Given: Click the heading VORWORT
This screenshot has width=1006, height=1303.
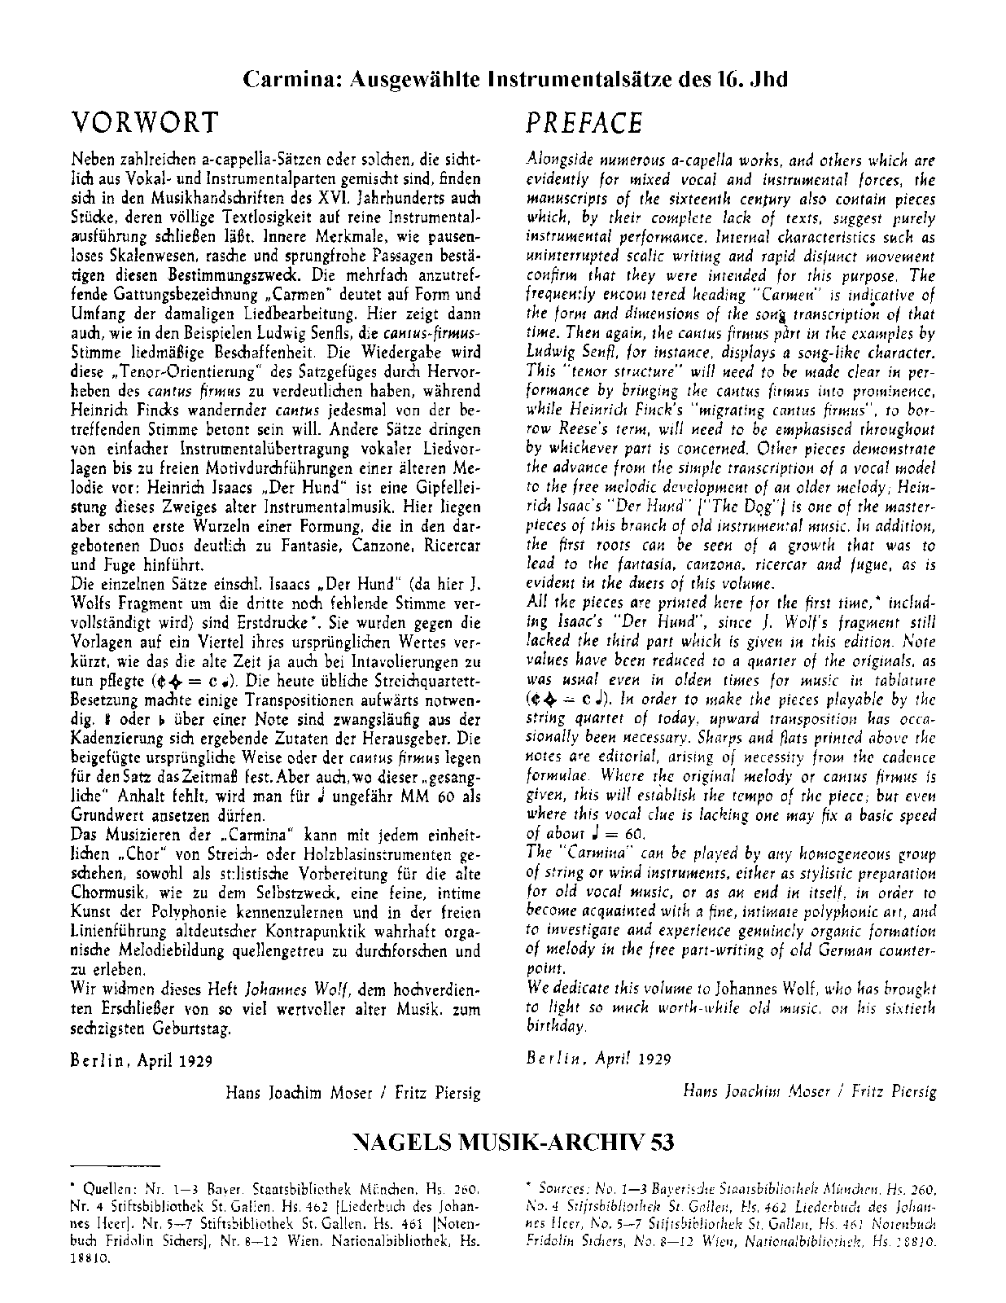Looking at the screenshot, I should click(x=145, y=122).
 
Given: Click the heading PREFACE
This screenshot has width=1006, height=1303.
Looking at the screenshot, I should click(x=584, y=122).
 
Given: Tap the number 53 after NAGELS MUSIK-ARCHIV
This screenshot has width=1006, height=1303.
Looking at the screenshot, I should click(x=663, y=1143).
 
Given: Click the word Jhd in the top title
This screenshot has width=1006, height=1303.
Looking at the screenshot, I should click(x=768, y=80).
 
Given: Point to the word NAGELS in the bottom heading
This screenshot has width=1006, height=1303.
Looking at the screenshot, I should click(x=396, y=1143).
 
